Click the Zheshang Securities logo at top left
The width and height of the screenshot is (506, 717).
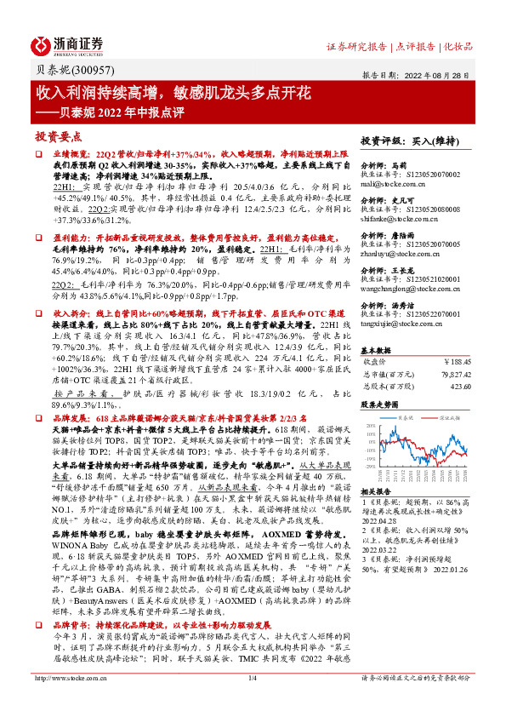pyautogui.click(x=68, y=44)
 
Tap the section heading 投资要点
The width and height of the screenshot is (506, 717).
pyautogui.click(x=57, y=136)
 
